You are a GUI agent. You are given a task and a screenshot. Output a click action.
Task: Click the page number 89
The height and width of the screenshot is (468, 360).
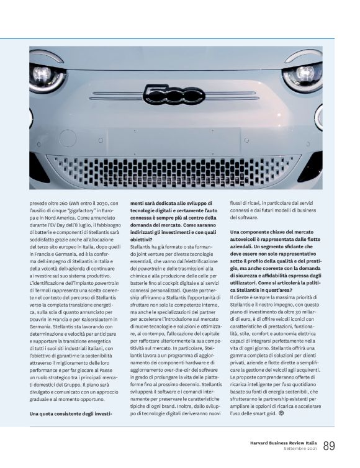(x=329, y=445)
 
